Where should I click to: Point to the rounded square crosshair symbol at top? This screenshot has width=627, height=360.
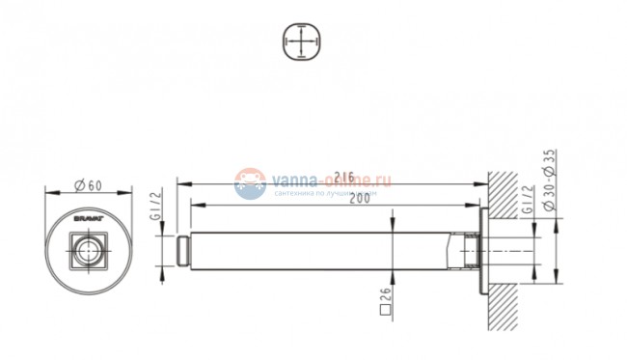(x=302, y=43)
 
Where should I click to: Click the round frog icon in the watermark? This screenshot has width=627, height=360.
(x=251, y=183)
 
